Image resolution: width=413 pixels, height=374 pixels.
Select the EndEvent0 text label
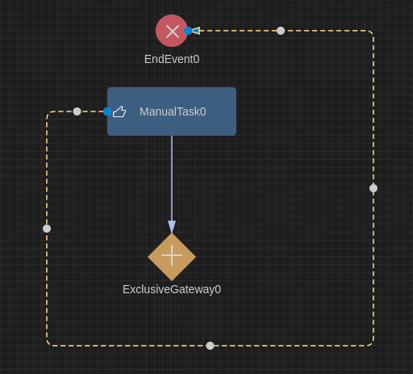tap(172, 59)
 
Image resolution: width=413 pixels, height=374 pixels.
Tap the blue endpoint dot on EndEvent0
tap(188, 31)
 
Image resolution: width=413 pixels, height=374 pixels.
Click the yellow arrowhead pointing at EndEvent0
tap(195, 31)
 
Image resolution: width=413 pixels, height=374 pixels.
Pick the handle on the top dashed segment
tap(281, 31)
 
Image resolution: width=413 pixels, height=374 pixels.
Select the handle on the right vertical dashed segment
tap(373, 188)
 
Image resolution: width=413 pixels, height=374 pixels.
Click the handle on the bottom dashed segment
tap(210, 346)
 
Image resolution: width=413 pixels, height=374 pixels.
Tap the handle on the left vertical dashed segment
tap(47, 229)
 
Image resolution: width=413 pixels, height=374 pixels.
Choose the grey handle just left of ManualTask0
tap(77, 111)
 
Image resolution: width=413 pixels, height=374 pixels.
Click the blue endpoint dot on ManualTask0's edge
tap(107, 111)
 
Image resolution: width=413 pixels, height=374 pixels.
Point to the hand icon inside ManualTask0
tap(119, 111)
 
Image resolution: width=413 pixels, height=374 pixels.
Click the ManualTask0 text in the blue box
tap(173, 111)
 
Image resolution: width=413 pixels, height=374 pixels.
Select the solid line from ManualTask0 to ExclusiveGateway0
tap(172, 178)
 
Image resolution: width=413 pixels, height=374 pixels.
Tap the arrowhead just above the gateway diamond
tap(172, 227)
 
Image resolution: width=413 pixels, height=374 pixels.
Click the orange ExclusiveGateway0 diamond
tap(172, 257)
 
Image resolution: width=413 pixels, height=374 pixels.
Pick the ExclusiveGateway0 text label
tap(172, 289)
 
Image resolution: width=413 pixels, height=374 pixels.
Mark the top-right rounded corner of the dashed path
tap(372, 32)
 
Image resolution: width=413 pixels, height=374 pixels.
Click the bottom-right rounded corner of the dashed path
tap(372, 344)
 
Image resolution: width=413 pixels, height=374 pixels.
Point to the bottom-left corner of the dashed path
tap(48, 344)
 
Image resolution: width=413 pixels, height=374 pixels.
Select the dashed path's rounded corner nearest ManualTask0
tap(48, 113)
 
